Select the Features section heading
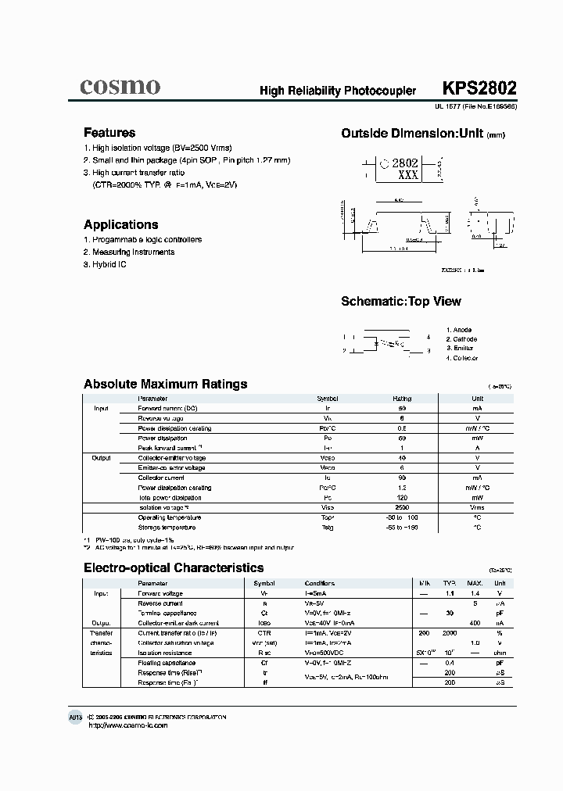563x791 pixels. (109, 133)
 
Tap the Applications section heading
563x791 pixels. (121, 224)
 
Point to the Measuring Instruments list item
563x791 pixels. (129, 252)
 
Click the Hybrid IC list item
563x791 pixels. (105, 265)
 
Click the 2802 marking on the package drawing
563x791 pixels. (405, 163)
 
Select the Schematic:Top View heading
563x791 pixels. (401, 302)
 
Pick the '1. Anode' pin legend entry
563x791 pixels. (459, 330)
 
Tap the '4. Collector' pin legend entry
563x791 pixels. (462, 358)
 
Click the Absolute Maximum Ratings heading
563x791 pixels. (166, 384)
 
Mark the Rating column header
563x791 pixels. (402, 399)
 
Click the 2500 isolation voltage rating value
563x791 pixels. (402, 507)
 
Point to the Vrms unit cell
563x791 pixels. (477, 507)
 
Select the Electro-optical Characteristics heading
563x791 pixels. (174, 568)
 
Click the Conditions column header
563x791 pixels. (320, 583)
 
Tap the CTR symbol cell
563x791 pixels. (264, 632)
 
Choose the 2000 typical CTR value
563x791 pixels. (450, 632)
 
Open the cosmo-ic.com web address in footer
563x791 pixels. (128, 725)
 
